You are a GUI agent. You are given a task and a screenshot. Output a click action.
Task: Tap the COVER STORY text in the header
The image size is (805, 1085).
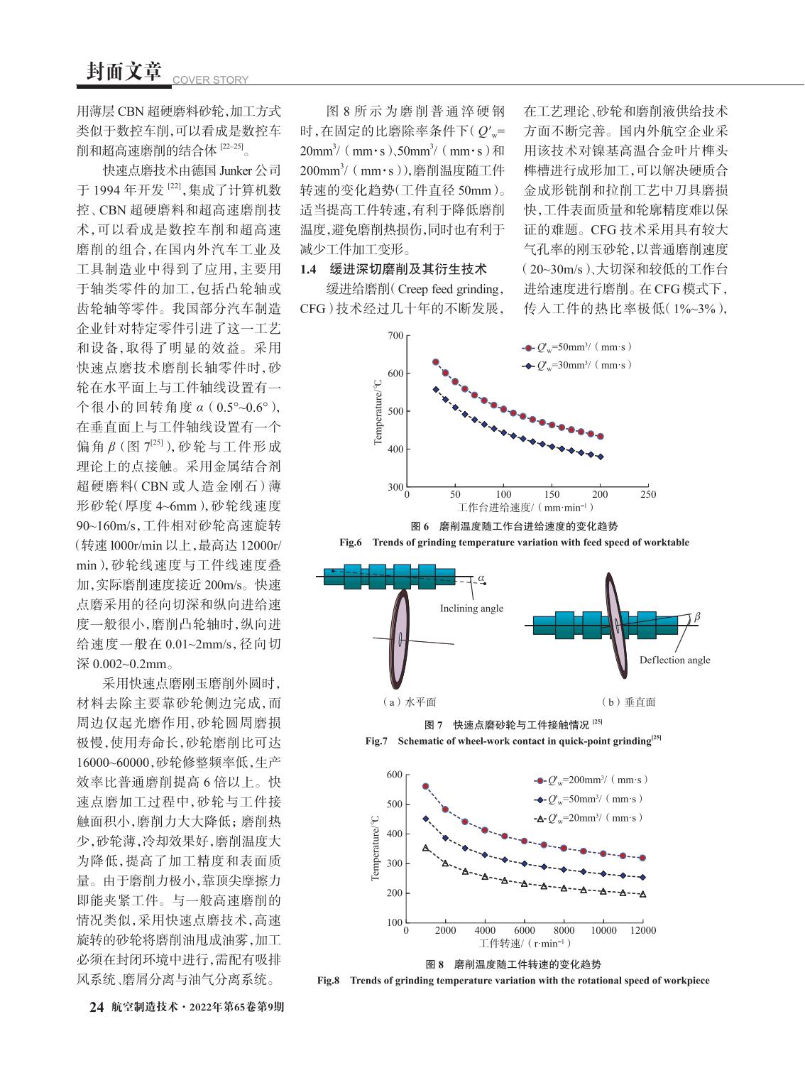(211, 80)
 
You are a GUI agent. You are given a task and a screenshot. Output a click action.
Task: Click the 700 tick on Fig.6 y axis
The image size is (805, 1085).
(395, 336)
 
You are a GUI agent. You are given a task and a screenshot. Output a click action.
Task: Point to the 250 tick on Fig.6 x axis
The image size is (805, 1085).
(648, 494)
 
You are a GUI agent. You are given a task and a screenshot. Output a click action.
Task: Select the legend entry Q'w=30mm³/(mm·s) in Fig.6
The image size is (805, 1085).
(577, 366)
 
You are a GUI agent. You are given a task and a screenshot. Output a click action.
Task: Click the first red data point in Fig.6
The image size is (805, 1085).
(436, 362)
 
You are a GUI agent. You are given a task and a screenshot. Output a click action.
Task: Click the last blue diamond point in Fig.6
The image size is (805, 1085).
(600, 457)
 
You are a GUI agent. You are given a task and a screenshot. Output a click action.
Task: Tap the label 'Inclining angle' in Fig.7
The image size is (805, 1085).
(471, 609)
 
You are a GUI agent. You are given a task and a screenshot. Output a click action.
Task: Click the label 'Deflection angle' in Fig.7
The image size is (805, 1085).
(674, 660)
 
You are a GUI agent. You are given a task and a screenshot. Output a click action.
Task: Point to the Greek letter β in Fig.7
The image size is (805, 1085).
(696, 616)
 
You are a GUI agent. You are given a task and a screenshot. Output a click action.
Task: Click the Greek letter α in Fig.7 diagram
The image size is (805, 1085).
(481, 579)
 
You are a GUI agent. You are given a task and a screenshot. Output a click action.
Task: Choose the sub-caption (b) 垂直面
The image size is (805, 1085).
(628, 702)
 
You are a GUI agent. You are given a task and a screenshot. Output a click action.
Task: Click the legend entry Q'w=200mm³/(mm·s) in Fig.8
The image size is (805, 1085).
(591, 780)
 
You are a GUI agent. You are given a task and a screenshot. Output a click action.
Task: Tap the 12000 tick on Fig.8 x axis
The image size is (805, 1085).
(642, 930)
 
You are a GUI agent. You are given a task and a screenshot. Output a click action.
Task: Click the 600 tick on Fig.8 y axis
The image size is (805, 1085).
(395, 775)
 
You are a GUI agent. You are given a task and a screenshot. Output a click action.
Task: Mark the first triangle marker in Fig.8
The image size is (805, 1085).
(426, 848)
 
